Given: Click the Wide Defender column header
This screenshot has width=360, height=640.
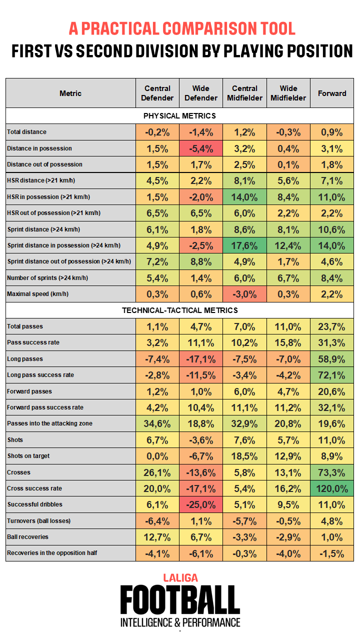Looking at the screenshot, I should [201, 93].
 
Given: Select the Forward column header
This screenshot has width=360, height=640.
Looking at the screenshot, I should [332, 93].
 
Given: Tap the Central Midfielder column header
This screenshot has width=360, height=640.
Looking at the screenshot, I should [244, 93].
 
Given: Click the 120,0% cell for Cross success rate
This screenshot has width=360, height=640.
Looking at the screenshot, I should [332, 488].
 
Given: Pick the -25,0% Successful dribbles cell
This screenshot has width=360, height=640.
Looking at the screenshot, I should [201, 504].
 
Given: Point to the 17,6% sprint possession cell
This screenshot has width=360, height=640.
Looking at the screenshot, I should [244, 245].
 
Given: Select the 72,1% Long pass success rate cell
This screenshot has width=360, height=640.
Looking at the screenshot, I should [332, 375].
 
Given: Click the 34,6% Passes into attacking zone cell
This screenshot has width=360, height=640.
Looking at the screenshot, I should [157, 423].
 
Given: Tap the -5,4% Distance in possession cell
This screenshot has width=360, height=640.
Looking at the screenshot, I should [201, 148].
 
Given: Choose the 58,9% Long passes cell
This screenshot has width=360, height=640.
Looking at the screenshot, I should [332, 359].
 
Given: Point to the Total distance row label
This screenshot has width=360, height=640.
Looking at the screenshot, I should [27, 132].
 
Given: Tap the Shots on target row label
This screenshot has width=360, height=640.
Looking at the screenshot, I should [28, 456].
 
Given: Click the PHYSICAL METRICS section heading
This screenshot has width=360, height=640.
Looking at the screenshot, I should [179, 116].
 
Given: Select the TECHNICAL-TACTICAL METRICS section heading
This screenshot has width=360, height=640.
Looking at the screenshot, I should [179, 310].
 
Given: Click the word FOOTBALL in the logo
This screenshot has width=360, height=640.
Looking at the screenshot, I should [180, 600].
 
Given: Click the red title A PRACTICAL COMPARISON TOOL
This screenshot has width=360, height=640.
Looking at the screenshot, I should [182, 28].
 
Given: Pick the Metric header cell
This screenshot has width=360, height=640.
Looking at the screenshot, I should [70, 93].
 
